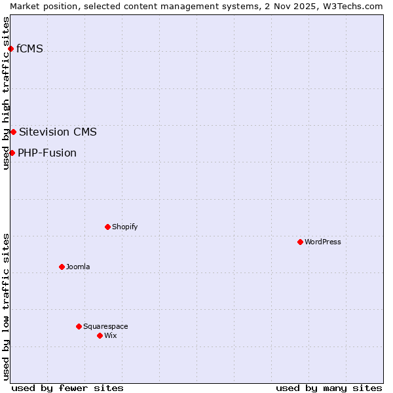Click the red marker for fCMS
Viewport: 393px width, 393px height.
[x=10, y=48]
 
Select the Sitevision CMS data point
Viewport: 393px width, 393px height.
[x=13, y=132]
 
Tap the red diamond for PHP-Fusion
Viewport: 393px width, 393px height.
[x=12, y=153]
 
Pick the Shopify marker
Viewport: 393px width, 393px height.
[x=107, y=227]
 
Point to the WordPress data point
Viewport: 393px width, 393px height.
[x=300, y=242]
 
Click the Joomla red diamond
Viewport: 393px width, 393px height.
[x=62, y=267]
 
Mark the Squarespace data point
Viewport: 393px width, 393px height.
[x=79, y=326]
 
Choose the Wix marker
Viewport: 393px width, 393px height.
[x=100, y=335]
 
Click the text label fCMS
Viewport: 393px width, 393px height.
[x=29, y=48]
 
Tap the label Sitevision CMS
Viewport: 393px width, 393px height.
[x=58, y=132]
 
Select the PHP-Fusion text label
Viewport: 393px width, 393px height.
[x=47, y=153]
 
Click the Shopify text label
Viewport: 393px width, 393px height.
[x=124, y=227]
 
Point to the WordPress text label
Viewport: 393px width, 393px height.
[x=323, y=242]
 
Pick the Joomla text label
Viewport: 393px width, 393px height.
[x=78, y=267]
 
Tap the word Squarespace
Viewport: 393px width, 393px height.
[x=105, y=326]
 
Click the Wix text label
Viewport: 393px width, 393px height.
[x=111, y=335]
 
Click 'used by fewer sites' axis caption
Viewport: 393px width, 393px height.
[x=67, y=388]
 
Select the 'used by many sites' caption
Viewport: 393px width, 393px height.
[x=329, y=388]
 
